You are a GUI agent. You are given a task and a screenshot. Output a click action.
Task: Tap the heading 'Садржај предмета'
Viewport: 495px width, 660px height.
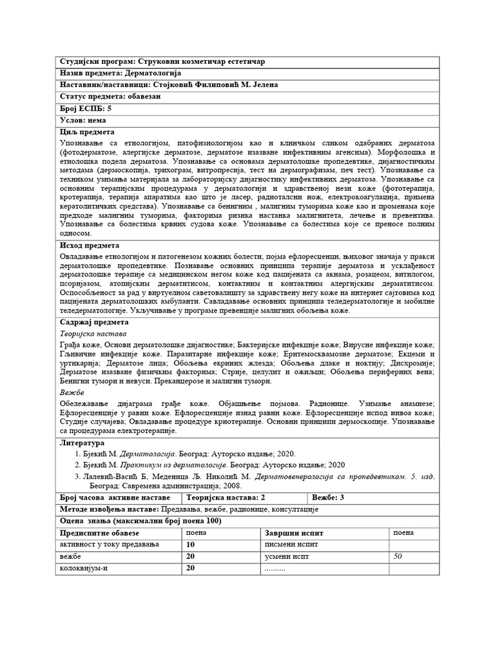coord(94,322)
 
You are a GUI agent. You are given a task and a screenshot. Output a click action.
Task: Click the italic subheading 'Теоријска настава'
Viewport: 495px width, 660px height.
coord(93,334)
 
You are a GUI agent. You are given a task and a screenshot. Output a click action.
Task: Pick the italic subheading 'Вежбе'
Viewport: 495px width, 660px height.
coord(72,392)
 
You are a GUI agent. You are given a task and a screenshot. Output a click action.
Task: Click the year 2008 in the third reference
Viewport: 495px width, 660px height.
coord(233,486)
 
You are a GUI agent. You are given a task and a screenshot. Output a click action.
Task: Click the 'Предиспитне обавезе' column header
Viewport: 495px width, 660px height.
coord(102,534)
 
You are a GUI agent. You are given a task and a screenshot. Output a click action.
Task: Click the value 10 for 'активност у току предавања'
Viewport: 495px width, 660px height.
coord(190,545)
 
